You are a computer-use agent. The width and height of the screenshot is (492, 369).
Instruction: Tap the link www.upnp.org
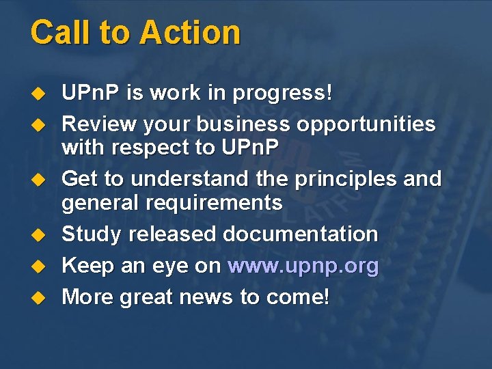pyautogui.click(x=303, y=266)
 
